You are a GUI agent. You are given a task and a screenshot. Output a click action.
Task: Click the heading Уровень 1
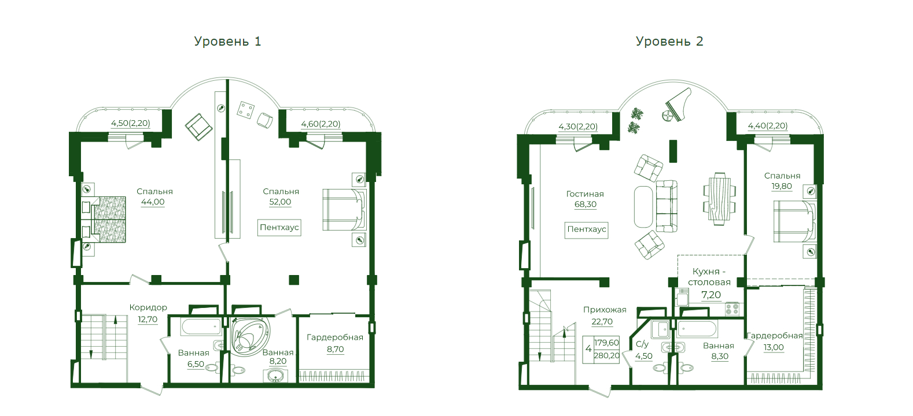pyautogui.click(x=227, y=42)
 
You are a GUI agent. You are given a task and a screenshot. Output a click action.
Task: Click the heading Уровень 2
pyautogui.click(x=669, y=42)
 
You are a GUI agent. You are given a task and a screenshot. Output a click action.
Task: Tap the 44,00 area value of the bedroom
pyautogui.click(x=153, y=202)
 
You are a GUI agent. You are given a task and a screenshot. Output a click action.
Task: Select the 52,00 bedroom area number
pyautogui.click(x=280, y=202)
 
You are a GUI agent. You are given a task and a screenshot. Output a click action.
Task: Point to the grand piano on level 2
pyautogui.click(x=678, y=105)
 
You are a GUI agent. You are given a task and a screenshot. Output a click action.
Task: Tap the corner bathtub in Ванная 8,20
pyautogui.click(x=251, y=337)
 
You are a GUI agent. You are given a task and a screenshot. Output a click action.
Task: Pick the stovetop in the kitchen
pyautogui.click(x=732, y=309)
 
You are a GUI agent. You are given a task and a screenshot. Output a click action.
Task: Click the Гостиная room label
pyautogui.click(x=585, y=194)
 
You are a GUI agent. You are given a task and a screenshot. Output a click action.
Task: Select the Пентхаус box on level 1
pyautogui.click(x=279, y=228)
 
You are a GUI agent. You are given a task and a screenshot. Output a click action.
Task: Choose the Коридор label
pyautogui.click(x=148, y=308)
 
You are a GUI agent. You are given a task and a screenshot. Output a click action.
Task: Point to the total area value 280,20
pyautogui.click(x=606, y=355)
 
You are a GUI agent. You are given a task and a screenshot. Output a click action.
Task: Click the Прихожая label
pyautogui.click(x=605, y=310)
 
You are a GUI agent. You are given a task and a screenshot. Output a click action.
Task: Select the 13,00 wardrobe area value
pyautogui.click(x=774, y=348)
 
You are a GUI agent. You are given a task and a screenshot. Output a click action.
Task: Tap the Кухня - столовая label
pyautogui.click(x=709, y=277)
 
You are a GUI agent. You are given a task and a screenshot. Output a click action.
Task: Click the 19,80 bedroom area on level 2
pyautogui.click(x=781, y=187)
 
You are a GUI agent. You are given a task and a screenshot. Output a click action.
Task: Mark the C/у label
pyautogui.click(x=642, y=344)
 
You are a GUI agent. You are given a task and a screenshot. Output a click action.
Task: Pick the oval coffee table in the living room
pyautogui.click(x=643, y=207)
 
